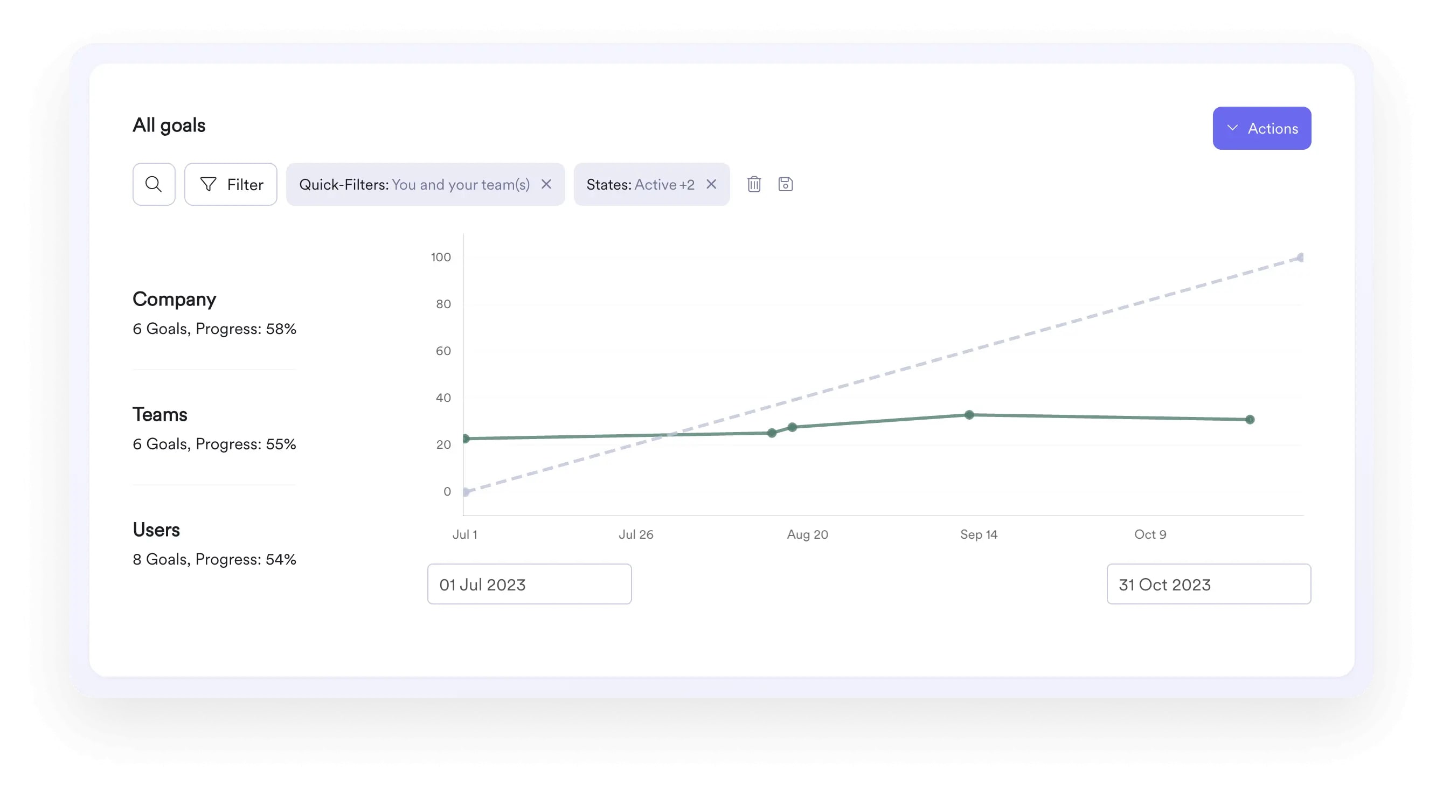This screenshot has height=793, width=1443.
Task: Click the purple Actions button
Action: (1261, 128)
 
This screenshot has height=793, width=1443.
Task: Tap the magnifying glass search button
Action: (154, 184)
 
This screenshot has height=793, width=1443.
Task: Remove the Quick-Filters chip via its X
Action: (546, 184)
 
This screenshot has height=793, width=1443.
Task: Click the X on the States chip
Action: (711, 184)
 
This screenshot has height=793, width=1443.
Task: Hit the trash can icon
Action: (753, 184)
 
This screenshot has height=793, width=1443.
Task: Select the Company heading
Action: (174, 299)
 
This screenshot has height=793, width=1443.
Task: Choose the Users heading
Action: (156, 530)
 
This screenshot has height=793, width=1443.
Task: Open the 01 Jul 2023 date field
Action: (529, 584)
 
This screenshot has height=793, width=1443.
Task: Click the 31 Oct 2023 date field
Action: (1208, 584)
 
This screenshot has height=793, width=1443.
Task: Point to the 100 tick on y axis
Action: (440, 257)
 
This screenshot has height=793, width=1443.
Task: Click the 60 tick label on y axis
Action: (442, 351)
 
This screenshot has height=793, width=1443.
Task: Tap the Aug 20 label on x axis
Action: (807, 534)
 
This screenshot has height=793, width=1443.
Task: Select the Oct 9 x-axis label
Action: (1149, 534)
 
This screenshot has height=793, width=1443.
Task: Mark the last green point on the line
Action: (1249, 420)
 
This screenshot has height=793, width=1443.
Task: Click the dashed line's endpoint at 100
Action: (1300, 258)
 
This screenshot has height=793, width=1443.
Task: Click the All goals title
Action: (169, 126)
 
